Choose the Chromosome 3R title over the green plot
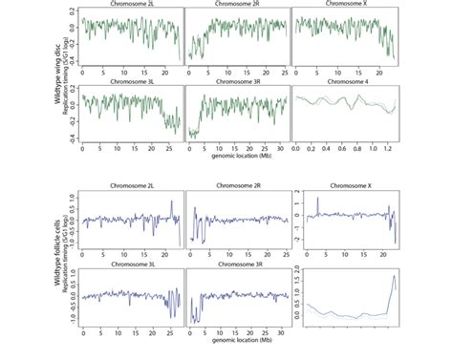[235, 90]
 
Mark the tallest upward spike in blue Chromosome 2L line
[170, 201]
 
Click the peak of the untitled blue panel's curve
[394, 278]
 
